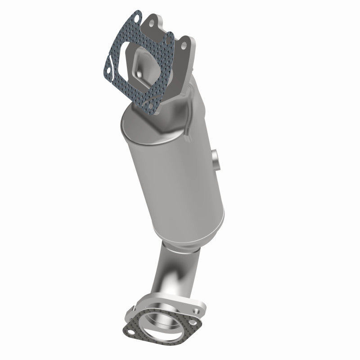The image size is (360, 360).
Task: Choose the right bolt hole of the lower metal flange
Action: tap(196, 300)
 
